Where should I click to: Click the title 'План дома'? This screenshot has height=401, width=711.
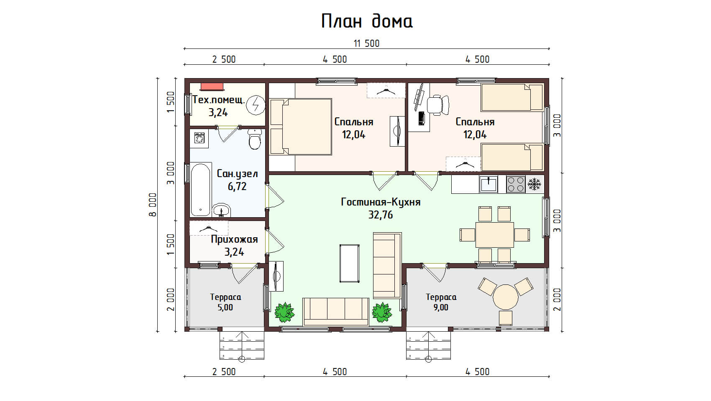point(367,22)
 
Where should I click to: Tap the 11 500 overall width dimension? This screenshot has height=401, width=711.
point(367,43)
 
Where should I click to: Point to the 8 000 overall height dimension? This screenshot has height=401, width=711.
point(153,205)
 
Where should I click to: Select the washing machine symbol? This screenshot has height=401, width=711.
point(199,139)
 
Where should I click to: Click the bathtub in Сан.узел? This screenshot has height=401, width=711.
point(201,189)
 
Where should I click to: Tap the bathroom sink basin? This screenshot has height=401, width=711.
point(221,210)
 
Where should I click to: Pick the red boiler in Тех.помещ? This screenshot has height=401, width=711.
point(212,86)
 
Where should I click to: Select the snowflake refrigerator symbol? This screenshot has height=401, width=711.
point(534,184)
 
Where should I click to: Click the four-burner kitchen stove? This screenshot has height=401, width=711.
point(516,185)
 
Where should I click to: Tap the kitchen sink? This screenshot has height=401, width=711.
point(488,185)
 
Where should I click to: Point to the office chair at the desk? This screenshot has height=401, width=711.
point(438,104)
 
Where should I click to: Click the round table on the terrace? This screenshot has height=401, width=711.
point(505,297)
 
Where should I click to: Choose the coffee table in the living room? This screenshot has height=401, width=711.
point(350,264)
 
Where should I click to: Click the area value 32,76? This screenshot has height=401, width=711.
point(380,215)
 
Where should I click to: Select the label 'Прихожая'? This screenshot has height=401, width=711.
point(234,240)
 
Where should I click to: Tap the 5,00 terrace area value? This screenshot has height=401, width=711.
point(225,307)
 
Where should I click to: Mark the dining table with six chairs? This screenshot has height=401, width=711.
point(494,235)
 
